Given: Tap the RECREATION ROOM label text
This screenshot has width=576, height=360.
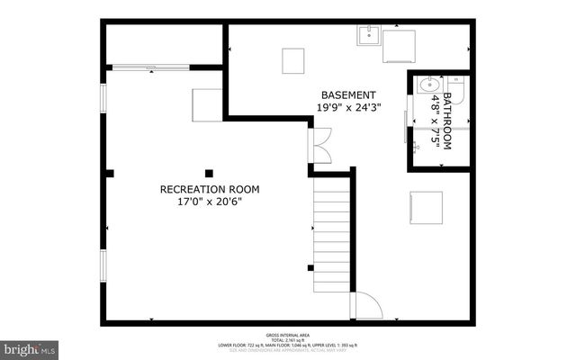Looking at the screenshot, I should (x=209, y=189).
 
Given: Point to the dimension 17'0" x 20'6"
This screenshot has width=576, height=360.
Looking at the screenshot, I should (x=209, y=202).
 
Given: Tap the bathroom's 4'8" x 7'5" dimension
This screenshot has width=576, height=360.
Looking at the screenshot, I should (x=435, y=120).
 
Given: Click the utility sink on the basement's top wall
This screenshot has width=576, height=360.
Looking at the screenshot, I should (x=368, y=36).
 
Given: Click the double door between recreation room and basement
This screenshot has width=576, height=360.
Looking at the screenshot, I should (x=320, y=144).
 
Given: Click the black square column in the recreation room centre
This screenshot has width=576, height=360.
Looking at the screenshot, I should (x=209, y=172).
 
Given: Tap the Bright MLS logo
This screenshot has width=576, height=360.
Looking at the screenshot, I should (x=30, y=346).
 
